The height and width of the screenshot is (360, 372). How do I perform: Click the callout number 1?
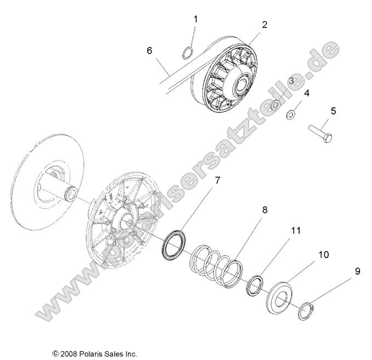click(196, 19)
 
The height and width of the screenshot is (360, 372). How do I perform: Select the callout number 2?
click(264, 25)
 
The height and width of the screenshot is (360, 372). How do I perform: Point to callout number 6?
click(149, 50)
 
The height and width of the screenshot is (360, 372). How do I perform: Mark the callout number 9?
click(357, 271)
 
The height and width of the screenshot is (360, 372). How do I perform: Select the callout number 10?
click(323, 255)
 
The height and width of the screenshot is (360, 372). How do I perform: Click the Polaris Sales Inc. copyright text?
click(95, 353)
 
